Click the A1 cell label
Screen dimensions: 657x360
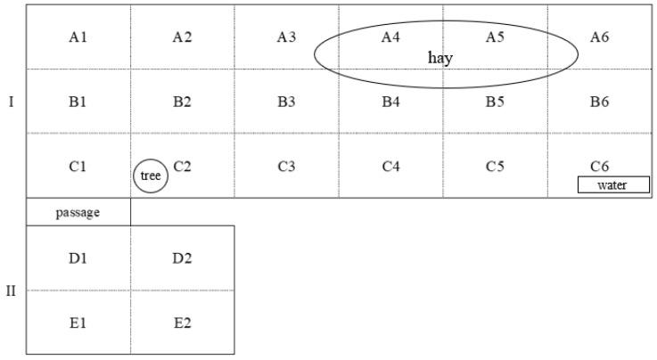tap(78, 37)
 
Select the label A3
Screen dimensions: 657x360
tap(286, 37)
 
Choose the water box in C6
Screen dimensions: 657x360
tap(613, 185)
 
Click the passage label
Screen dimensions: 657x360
tap(78, 213)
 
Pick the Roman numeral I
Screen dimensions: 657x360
tap(11, 102)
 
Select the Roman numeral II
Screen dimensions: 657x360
tap(12, 290)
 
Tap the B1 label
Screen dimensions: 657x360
tap(78, 102)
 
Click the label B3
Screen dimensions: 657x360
tap(286, 102)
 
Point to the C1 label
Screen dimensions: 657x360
tap(78, 166)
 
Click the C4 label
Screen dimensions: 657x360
tap(390, 166)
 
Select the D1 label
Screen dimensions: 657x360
tap(78, 258)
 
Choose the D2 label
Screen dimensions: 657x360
tap(182, 258)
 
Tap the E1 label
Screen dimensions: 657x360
tap(78, 323)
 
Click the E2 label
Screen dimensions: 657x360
tap(182, 323)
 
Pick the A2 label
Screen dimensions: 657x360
tap(182, 37)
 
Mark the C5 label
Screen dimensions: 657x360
tap(495, 166)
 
